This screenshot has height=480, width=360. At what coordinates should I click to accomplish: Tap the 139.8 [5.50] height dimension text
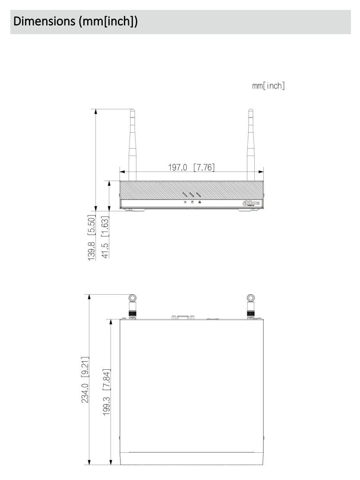[91, 235]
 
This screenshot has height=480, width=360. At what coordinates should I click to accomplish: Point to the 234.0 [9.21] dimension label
[85, 379]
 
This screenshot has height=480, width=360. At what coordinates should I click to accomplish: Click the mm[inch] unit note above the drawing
[268, 86]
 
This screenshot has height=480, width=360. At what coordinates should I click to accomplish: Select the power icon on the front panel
[185, 202]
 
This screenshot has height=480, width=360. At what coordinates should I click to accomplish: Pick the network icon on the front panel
[199, 202]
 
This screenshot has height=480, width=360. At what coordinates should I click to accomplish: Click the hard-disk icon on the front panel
[192, 202]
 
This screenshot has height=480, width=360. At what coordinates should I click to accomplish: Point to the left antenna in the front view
[133, 143]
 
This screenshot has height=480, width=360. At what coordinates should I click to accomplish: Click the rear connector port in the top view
[183, 318]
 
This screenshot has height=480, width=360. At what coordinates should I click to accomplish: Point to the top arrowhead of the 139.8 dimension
[96, 111]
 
